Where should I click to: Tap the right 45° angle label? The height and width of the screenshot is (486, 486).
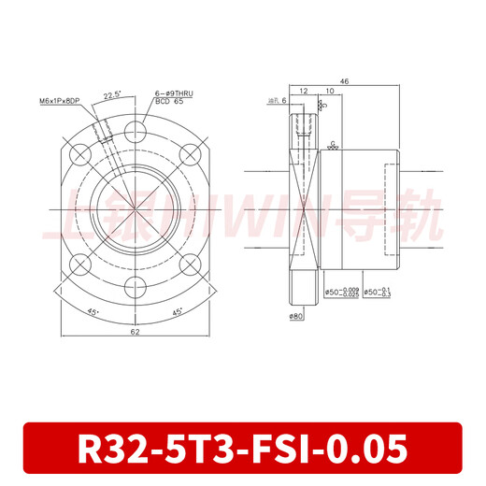(178, 313)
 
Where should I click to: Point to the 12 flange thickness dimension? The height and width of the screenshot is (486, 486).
(304, 93)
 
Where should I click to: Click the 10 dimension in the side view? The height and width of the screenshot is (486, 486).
(331, 93)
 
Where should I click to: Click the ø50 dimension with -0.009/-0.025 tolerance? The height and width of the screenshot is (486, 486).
(341, 293)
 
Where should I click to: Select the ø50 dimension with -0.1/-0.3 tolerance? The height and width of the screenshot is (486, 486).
(379, 293)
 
